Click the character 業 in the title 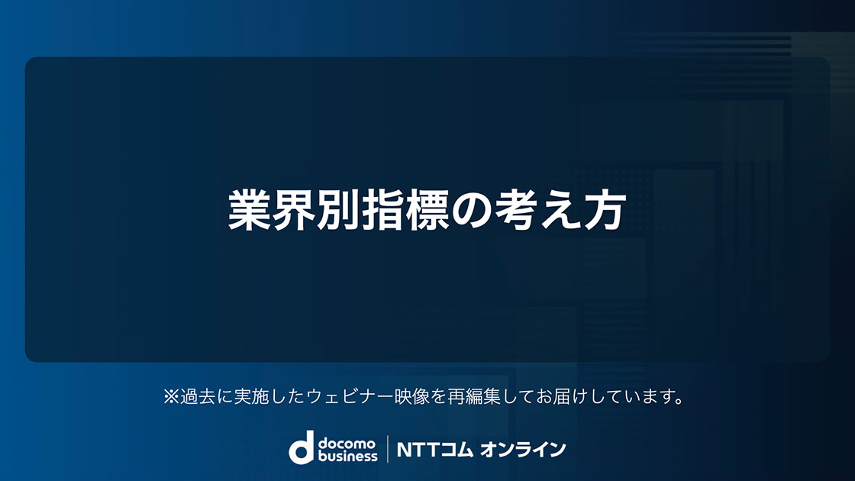[x=250, y=210]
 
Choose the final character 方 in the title [x=605, y=210]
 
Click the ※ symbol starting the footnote [x=171, y=396]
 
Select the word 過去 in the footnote [x=198, y=396]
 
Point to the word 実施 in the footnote [x=251, y=396]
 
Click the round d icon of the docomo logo [x=302, y=447]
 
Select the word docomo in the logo [x=347, y=443]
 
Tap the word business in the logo [x=348, y=455]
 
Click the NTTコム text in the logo [x=434, y=450]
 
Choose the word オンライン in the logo [x=523, y=450]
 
